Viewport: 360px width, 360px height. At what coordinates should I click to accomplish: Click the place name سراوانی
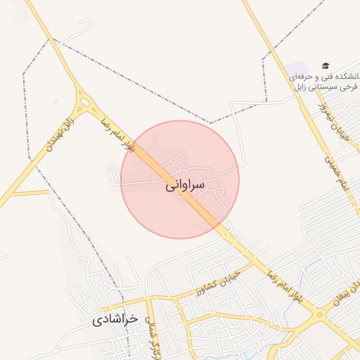coord(185,186)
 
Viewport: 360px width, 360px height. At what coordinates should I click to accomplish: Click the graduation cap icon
coord(325,65)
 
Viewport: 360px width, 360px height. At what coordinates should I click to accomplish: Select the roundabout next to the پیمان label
coord(321,316)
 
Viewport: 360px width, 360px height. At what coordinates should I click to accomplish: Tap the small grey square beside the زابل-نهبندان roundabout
coord(56,102)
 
